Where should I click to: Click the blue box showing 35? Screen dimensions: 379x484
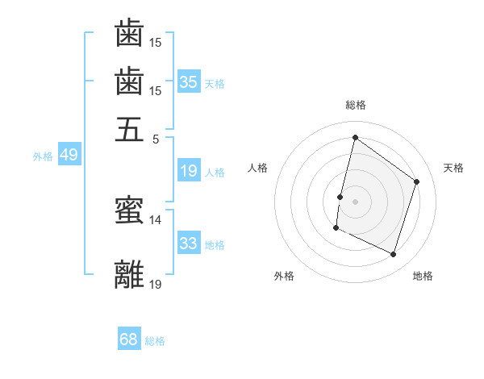(189, 82)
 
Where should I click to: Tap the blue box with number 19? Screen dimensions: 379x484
(189, 171)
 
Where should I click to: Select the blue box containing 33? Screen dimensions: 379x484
(189, 244)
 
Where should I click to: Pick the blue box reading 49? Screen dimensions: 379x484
(69, 155)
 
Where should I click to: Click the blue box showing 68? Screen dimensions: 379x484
(129, 339)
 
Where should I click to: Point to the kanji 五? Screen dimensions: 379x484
(129, 129)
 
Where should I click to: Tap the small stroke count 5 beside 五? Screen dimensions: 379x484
(156, 138)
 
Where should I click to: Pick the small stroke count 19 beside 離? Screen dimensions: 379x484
(156, 283)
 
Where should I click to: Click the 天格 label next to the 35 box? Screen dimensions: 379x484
(215, 84)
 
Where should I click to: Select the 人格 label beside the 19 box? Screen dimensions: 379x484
(215, 173)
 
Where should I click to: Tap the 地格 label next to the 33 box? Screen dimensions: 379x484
(215, 245)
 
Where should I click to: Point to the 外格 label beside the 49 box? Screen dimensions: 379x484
(43, 156)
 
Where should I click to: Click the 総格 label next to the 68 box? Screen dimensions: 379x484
(155, 341)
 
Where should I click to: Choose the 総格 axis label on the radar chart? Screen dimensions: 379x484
(355, 105)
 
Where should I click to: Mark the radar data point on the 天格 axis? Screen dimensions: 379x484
(417, 181)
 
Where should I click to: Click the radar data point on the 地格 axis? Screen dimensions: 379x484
(394, 254)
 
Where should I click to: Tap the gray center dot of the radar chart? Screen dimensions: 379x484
(355, 201)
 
